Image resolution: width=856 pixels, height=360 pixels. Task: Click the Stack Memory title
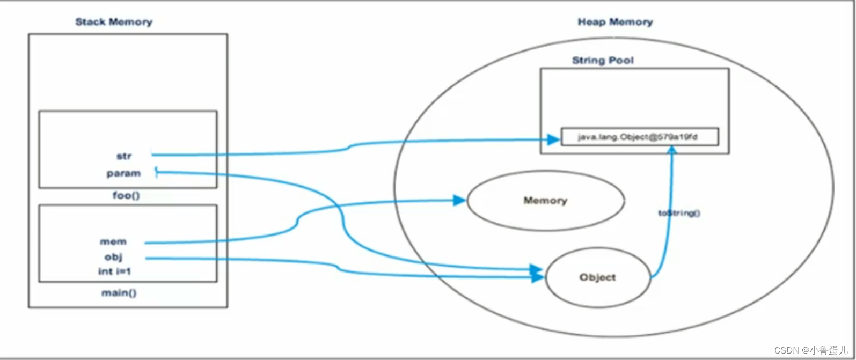[x=114, y=22]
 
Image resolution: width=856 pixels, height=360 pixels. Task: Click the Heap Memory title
[x=615, y=22]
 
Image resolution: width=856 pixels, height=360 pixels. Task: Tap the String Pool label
[x=603, y=61]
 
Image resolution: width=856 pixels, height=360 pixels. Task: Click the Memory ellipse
[x=545, y=201]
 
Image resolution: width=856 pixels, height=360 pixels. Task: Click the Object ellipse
[x=597, y=277]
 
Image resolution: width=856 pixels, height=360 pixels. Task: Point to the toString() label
[x=679, y=213]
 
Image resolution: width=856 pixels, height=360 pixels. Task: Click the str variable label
[x=124, y=156]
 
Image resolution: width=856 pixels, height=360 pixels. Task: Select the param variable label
[x=123, y=173]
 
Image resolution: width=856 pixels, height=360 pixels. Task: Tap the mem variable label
[x=113, y=242]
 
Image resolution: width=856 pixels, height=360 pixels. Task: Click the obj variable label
[x=114, y=257]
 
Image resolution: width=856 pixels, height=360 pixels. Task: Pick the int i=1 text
[x=114, y=271]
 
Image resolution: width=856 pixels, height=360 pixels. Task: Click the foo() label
[x=126, y=195]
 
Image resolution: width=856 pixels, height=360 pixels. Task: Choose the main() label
[x=119, y=293]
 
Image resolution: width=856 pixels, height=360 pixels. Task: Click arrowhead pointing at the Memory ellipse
[x=460, y=200]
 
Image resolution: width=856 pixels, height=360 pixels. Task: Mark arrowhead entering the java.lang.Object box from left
[x=554, y=139]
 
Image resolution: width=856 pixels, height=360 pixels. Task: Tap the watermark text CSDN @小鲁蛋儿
[x=810, y=350]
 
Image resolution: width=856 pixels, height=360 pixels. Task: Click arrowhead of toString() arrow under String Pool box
[x=671, y=151]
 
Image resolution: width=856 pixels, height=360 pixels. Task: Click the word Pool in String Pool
[x=620, y=61]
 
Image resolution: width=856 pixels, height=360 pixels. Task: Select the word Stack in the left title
[x=90, y=22]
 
